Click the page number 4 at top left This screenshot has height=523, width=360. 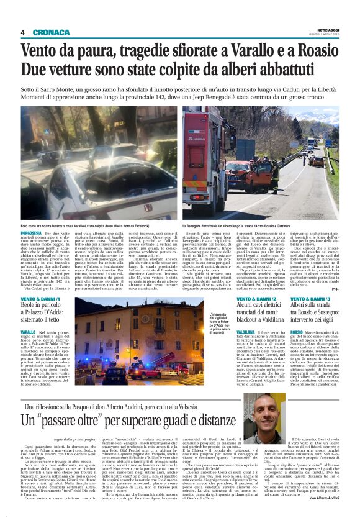pyautogui.click(x=22, y=33)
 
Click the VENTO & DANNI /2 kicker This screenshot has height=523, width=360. pyautogui.click(x=256, y=299)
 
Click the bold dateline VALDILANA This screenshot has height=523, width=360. pyautogui.click(x=246, y=332)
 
